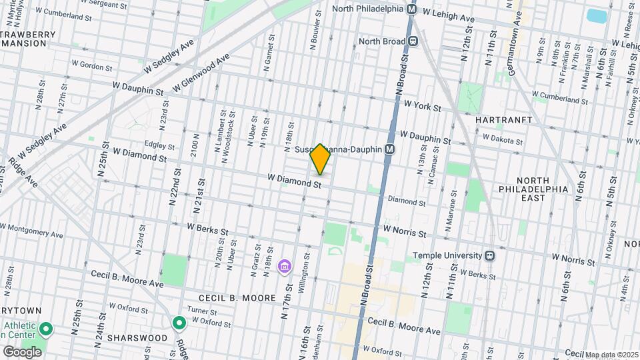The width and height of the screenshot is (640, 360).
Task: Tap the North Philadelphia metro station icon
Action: tap(411, 10)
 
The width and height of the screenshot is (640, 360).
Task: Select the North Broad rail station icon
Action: tap(414, 41)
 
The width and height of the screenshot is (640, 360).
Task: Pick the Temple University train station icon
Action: tap(490, 255)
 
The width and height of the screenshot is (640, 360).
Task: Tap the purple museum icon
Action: tap(285, 267)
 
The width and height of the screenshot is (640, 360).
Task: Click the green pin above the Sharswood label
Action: tap(179, 324)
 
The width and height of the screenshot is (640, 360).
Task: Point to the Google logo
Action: tap(22, 351)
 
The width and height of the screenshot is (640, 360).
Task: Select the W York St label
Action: tap(423, 106)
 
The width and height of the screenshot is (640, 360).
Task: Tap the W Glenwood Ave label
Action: tap(201, 74)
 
